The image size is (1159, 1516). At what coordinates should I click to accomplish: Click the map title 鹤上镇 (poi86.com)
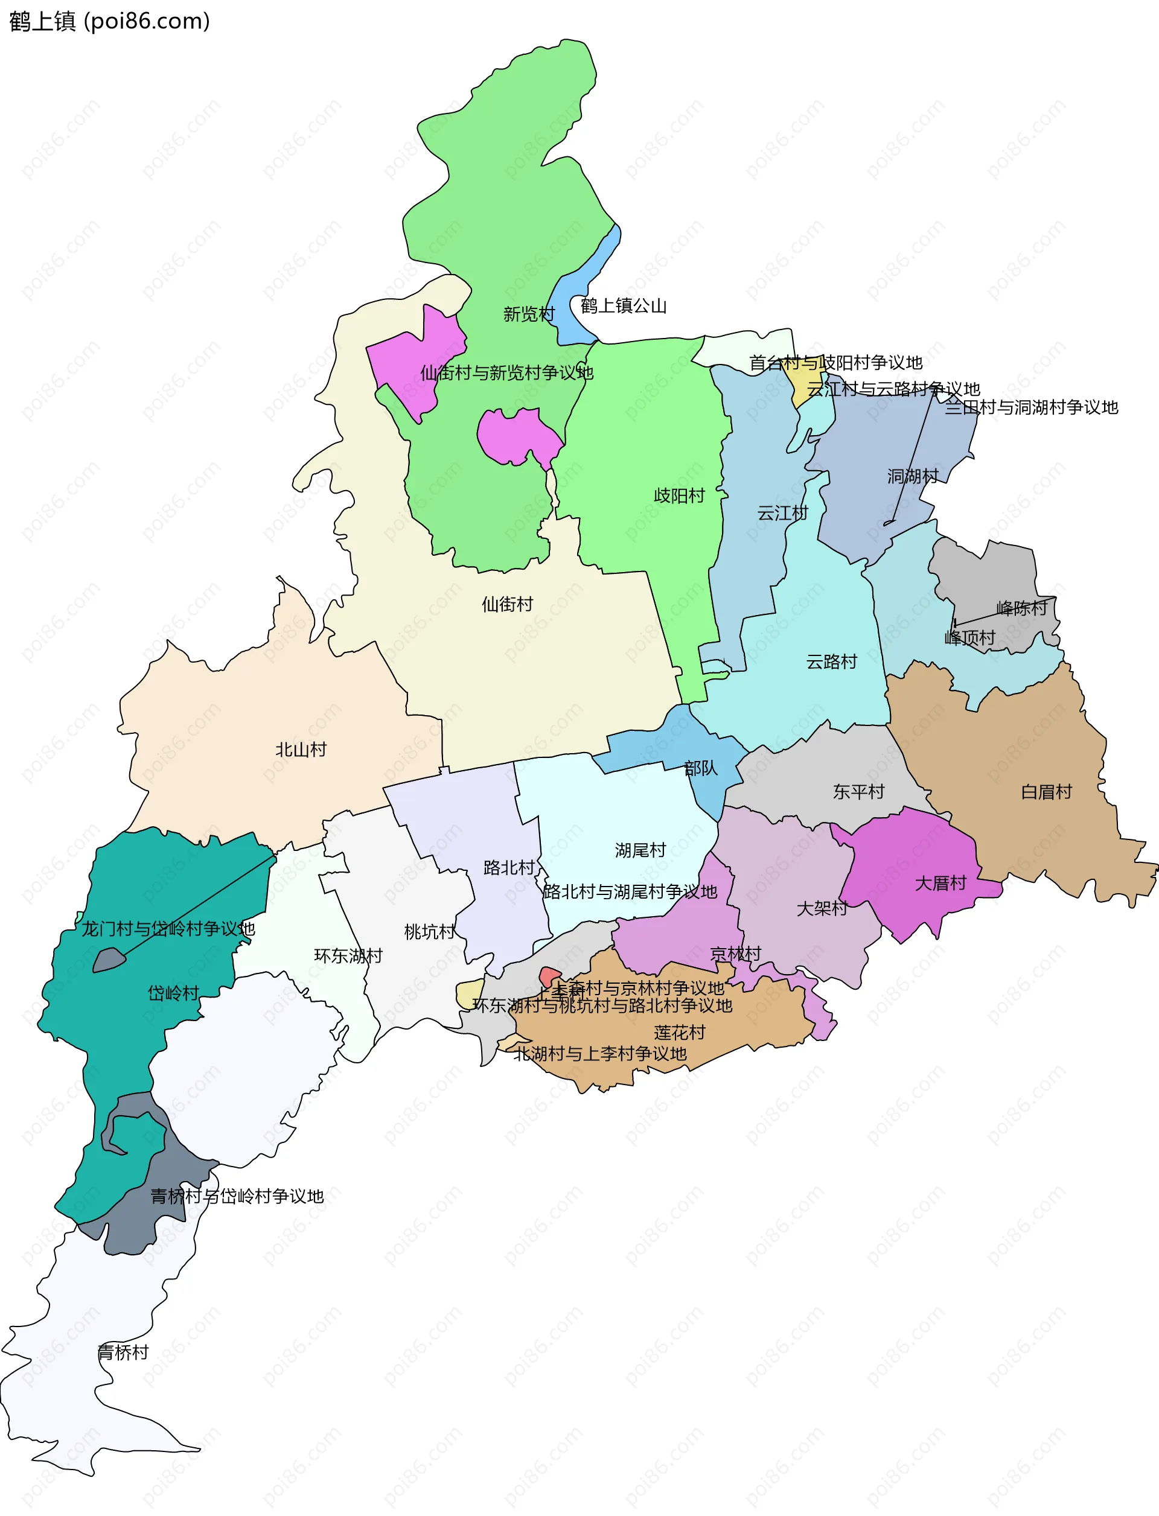point(109,21)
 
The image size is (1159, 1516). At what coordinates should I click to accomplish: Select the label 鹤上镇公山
point(623,305)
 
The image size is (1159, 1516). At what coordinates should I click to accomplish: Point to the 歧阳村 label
point(679,496)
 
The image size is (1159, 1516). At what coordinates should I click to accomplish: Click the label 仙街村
point(507,604)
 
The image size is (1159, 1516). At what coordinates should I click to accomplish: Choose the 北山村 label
point(300,750)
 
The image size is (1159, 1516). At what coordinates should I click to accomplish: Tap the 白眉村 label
point(1046,792)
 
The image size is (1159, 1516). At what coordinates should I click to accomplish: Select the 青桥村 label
point(123,1352)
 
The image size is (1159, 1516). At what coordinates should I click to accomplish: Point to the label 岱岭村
point(173,993)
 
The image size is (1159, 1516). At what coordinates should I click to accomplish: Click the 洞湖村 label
point(912,476)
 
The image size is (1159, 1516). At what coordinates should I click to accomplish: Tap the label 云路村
point(831,662)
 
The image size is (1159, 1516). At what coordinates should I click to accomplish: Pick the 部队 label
point(700,768)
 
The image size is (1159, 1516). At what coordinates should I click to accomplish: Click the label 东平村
point(858,792)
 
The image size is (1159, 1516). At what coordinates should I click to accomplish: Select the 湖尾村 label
point(640,850)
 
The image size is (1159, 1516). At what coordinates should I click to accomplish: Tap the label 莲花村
point(680,1033)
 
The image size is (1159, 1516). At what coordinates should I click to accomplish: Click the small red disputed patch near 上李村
point(549,976)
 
